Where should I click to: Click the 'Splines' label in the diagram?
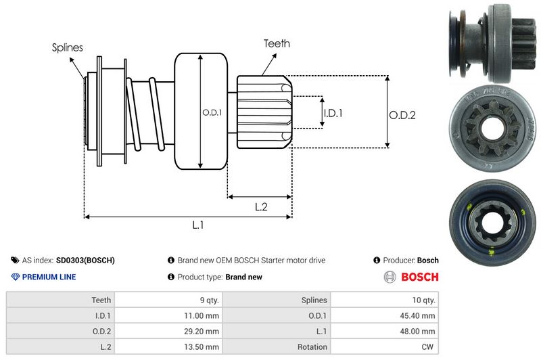pos(68,48)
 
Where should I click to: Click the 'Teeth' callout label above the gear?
pos(277,43)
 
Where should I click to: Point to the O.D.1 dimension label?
pos(212,112)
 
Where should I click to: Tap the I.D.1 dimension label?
pos(332,113)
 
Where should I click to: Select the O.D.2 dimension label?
pos(402,115)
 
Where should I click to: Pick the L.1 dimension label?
pos(197,226)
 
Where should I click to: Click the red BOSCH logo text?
pos(419,277)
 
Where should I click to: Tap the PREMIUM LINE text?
pos(49,277)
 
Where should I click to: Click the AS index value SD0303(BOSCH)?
pos(85,260)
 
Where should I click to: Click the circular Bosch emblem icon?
pos(391,277)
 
